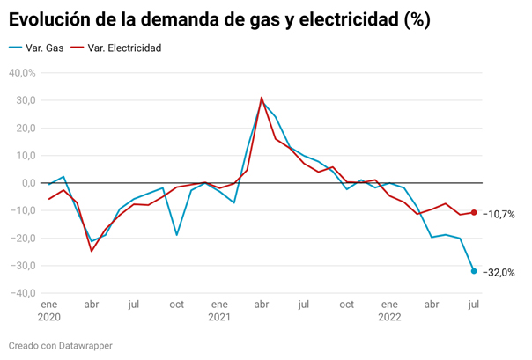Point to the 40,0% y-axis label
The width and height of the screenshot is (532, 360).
pos(21,73)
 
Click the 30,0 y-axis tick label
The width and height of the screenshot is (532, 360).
pos(24,100)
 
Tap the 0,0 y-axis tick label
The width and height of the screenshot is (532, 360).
pos(27,183)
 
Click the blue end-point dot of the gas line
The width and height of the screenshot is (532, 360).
pos(474,271)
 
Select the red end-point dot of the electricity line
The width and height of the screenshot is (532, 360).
pos(474,212)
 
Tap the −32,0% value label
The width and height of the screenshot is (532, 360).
pos(499,272)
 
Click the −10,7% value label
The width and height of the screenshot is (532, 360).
pos(499,214)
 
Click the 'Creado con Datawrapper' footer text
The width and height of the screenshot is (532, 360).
pos(61,346)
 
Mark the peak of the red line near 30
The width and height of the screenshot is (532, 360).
pos(262,98)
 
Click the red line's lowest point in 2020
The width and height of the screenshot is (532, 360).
pos(92,251)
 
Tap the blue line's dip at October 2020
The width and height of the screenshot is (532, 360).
pos(177,235)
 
